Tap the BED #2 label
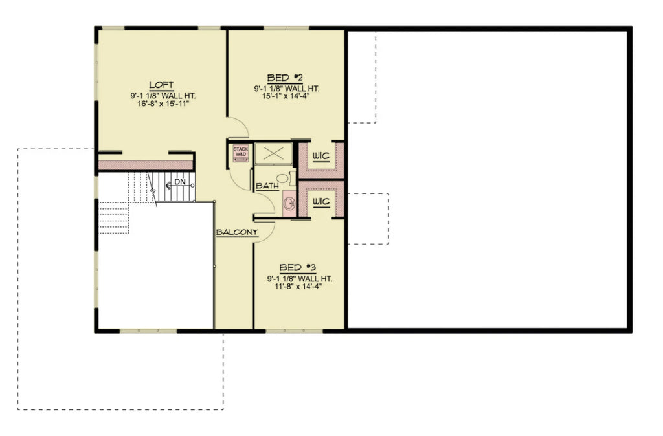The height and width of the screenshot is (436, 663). point(285,78)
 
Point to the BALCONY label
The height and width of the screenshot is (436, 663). point(236,232)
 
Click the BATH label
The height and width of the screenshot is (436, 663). point(267,186)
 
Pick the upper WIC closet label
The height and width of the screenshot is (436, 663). point(321,157)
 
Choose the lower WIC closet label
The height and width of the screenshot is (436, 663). point(321,202)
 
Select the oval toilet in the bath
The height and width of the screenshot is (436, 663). point(283,178)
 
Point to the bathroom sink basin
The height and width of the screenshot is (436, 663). point(289,204)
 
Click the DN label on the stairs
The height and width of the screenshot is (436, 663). point(179,182)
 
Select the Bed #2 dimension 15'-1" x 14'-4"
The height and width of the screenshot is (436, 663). point(286,96)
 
